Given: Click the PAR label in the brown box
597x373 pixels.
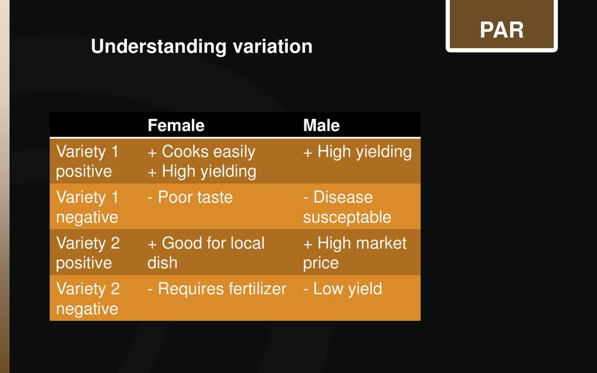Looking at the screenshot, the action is pyautogui.click(x=501, y=30).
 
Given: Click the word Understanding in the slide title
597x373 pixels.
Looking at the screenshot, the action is pyautogui.click(x=159, y=47).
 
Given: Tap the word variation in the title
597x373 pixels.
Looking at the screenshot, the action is pyautogui.click(x=273, y=46).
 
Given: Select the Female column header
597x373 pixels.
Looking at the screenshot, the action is pyautogui.click(x=176, y=125).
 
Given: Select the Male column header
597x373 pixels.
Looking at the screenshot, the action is pyautogui.click(x=321, y=125).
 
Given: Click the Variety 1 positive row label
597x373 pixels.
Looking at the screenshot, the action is pyautogui.click(x=87, y=161).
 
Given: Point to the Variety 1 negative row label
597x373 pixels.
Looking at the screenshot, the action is pyautogui.click(x=87, y=207).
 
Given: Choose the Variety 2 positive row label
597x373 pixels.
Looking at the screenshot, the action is pyautogui.click(x=88, y=253).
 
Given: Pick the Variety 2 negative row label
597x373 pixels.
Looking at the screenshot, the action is pyautogui.click(x=88, y=298).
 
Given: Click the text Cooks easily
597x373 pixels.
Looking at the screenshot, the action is pyautogui.click(x=209, y=152).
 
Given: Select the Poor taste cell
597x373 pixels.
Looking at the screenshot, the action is pyautogui.click(x=191, y=197).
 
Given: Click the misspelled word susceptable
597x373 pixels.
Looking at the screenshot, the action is pyautogui.click(x=347, y=217).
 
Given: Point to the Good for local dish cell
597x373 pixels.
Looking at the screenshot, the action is pyautogui.click(x=206, y=253).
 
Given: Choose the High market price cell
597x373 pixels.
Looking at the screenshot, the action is pyautogui.click(x=355, y=253).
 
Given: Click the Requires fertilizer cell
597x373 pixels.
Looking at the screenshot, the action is pyautogui.click(x=217, y=289).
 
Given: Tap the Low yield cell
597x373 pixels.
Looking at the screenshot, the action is pyautogui.click(x=343, y=289).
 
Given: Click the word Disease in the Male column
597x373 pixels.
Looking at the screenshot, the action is pyautogui.click(x=343, y=197).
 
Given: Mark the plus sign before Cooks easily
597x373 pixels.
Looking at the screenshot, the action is pyautogui.click(x=152, y=153).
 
